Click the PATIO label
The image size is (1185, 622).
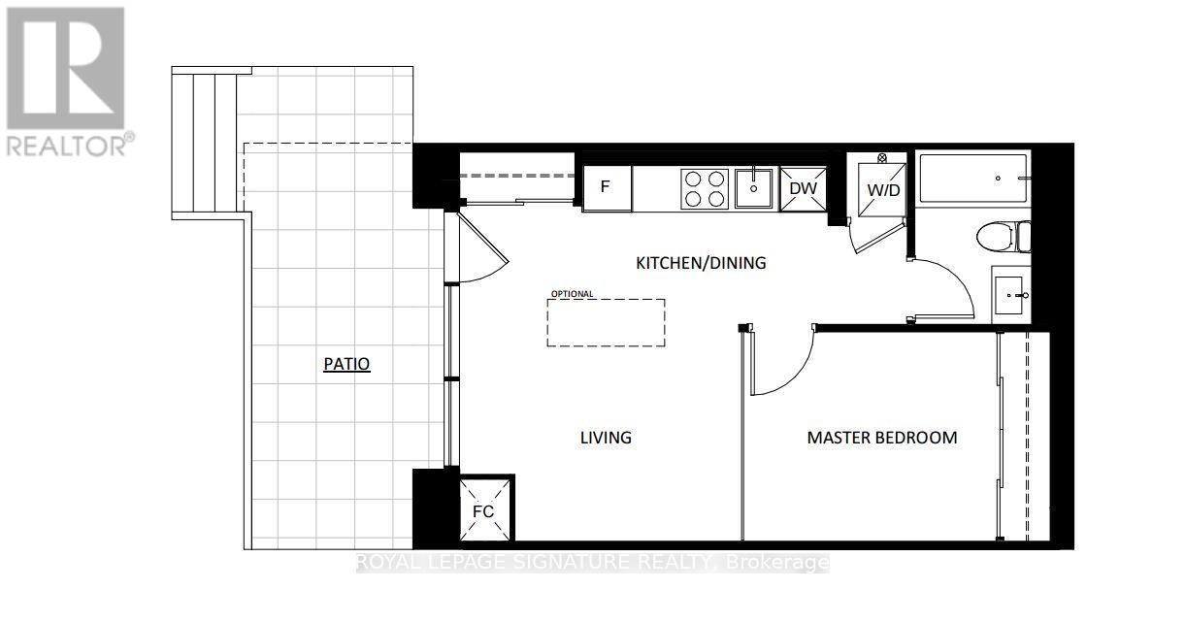[x=346, y=364]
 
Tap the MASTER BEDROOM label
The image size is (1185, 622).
[x=882, y=438]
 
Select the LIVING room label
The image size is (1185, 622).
[x=606, y=438]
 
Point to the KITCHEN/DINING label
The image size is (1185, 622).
[x=701, y=263]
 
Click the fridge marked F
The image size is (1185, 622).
[x=607, y=188]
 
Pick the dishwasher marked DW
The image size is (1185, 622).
[x=803, y=189]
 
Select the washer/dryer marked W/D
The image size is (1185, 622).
[x=882, y=190]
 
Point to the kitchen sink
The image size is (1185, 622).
[x=754, y=187]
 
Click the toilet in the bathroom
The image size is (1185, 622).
[x=1003, y=237]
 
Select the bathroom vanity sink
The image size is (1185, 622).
[x=1011, y=295]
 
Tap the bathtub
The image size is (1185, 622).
[x=973, y=179]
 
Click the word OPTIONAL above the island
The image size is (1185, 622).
[x=572, y=294]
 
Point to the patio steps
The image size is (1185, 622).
[x=204, y=143]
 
